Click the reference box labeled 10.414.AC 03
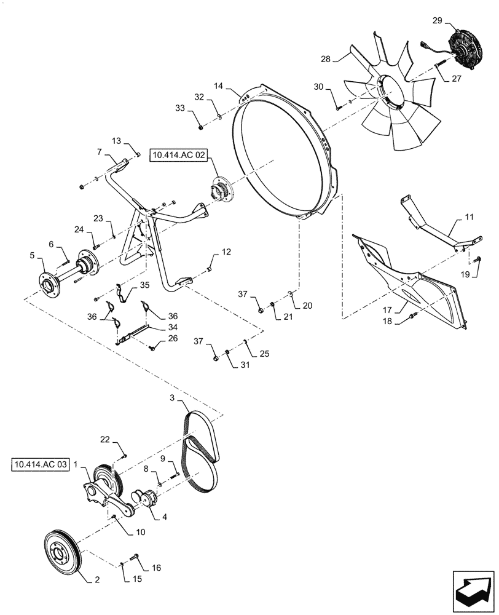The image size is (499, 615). [39, 464]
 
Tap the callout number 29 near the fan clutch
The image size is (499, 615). [437, 20]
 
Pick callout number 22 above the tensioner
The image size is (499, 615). [105, 439]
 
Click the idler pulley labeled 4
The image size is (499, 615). [147, 499]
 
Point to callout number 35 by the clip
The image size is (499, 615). [144, 285]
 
